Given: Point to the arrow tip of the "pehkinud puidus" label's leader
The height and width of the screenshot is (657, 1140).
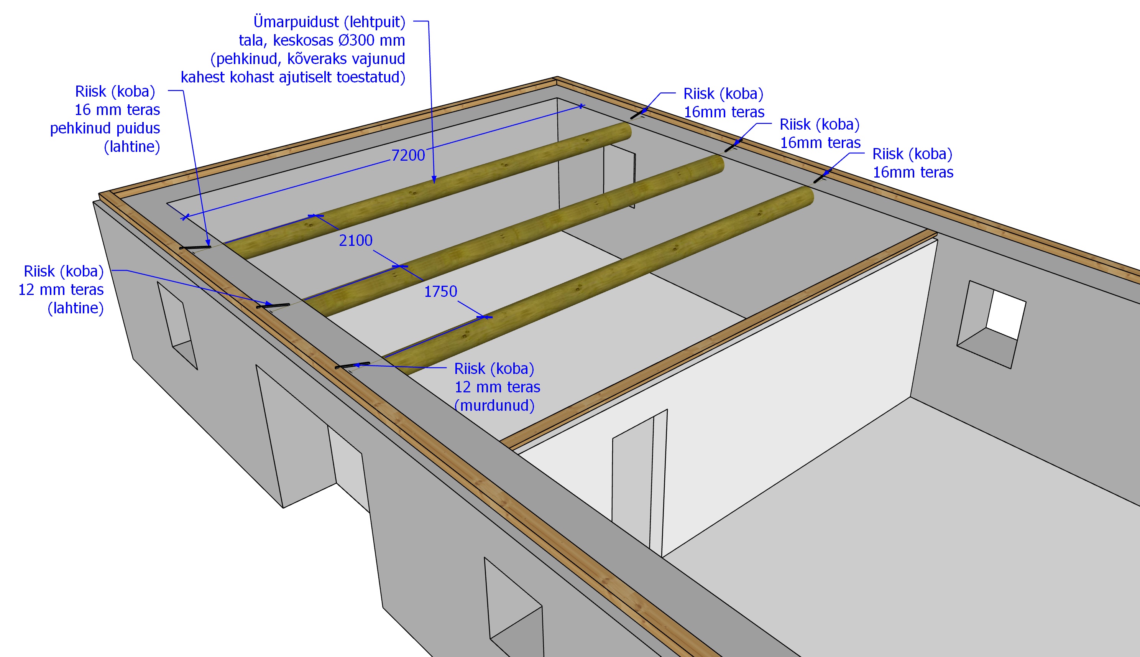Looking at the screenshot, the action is (x=209, y=245).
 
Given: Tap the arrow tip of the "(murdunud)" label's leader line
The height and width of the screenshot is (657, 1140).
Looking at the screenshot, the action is (x=353, y=365).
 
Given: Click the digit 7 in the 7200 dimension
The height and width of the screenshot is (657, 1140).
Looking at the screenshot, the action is (x=396, y=155).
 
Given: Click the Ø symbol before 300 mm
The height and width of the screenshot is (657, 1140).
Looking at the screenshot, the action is (x=343, y=40).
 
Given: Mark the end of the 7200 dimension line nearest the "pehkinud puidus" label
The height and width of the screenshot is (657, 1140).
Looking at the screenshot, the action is (x=185, y=217).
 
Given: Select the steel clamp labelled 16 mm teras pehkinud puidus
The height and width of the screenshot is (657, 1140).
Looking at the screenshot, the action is (x=195, y=247).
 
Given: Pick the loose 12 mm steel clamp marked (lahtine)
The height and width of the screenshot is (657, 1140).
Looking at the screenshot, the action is (x=273, y=306).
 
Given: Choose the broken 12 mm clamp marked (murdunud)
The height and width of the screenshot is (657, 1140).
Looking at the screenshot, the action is (x=352, y=366).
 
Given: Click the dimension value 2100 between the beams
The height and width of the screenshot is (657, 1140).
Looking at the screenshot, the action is (x=356, y=240).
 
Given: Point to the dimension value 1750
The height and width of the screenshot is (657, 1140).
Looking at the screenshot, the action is (x=440, y=291).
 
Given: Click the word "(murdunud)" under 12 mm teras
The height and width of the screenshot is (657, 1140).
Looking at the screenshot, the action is (x=494, y=405).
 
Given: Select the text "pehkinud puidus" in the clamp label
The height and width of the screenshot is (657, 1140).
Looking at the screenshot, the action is (x=105, y=128).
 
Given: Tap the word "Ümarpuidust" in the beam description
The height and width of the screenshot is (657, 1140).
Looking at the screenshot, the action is (x=296, y=21).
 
